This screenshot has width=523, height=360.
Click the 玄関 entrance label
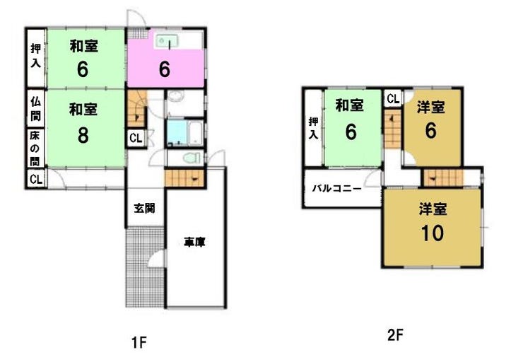144,208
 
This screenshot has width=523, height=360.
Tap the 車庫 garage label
195,242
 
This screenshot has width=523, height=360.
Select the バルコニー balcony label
336,189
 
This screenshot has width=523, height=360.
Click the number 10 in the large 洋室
433,233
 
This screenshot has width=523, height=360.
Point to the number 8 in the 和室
83,135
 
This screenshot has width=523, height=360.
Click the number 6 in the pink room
165,69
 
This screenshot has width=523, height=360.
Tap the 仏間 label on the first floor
35,108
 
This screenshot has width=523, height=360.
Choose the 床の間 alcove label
35,149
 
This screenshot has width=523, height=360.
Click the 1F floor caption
139,342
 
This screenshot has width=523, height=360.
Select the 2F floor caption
395,335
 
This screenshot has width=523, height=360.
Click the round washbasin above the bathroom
175,96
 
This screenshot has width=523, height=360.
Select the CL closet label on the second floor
393,98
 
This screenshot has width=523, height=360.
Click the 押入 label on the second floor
313,128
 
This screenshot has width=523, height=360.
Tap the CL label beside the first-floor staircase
136,138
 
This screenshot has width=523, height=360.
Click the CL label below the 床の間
36,179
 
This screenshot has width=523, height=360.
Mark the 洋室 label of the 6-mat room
430,108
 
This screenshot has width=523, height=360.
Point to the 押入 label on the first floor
35,55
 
